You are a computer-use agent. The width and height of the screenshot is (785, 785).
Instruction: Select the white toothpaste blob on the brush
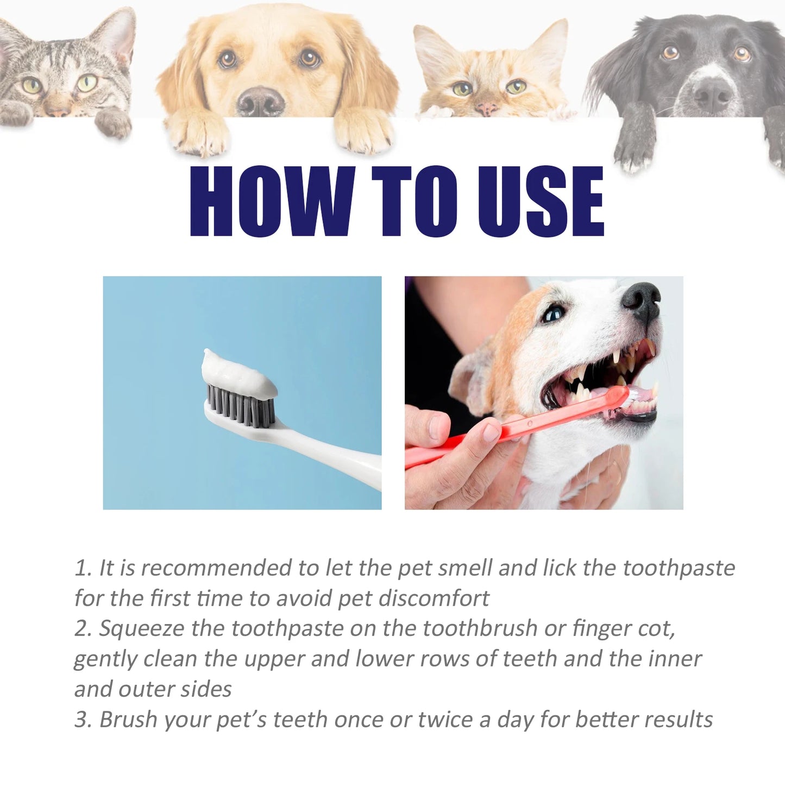pyautogui.click(x=236, y=371)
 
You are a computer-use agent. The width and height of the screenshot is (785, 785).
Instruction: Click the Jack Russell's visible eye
pyautogui.click(x=555, y=314)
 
